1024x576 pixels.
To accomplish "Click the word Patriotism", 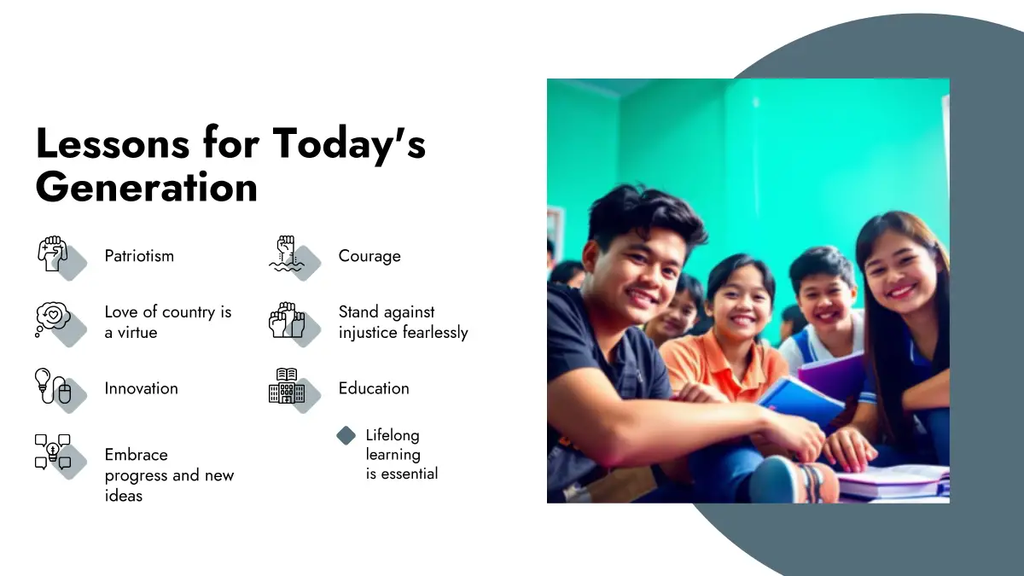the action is (139, 256).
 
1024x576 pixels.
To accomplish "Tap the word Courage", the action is (369, 257).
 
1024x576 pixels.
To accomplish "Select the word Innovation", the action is (142, 388).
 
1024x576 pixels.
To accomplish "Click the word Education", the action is (374, 388).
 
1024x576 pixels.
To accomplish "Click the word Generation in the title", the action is (147, 188).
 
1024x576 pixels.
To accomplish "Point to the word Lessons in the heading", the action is (113, 143).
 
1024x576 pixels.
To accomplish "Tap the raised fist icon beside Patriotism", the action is (53, 253).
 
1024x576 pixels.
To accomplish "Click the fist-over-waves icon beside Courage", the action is (286, 253).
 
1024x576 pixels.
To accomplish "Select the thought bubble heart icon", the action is (53, 319).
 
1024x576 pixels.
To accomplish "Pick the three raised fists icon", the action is (287, 320).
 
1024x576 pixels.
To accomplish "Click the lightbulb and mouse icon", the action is (53, 387).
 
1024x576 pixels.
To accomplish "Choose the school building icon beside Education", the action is (287, 387).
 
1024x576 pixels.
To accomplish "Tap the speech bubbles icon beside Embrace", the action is (53, 451).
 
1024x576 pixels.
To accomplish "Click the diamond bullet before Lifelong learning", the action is (346, 436).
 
